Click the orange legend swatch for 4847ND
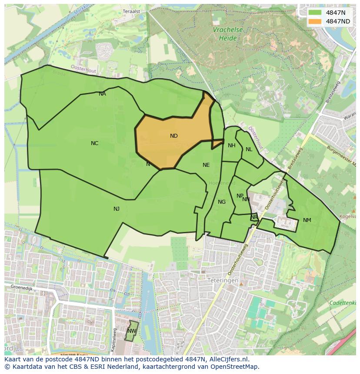click(x=316, y=21)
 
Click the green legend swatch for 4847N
click(x=316, y=13)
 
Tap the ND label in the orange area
click(x=174, y=136)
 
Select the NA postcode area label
click(x=102, y=94)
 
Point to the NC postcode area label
click(x=94, y=143)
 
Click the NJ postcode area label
click(x=117, y=209)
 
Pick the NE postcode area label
click(x=206, y=165)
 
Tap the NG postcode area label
click(x=222, y=202)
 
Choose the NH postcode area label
click(x=232, y=146)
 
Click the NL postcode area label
click(x=249, y=149)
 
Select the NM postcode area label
click(x=307, y=220)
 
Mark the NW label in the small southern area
click(x=131, y=331)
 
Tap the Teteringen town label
click(x=223, y=281)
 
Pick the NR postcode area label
click(x=254, y=217)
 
